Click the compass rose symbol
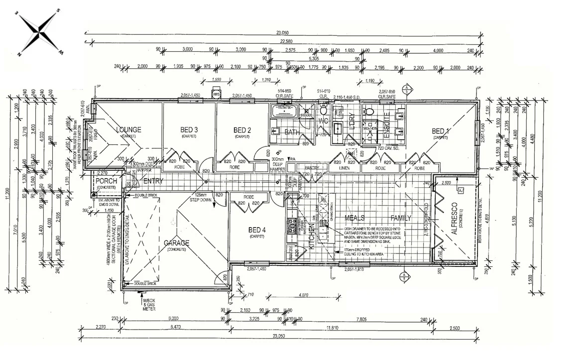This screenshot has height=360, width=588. [39, 32]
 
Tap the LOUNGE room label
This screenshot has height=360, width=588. [128, 130]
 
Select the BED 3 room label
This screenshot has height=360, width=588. [189, 130]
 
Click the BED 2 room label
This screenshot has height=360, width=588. [241, 130]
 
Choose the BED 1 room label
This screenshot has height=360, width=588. [441, 131]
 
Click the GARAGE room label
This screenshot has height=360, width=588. [176, 243]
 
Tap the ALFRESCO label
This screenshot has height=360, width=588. [454, 220]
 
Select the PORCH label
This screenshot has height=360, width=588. [107, 181]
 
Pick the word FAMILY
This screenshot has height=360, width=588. [400, 218]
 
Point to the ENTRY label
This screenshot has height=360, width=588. [153, 181]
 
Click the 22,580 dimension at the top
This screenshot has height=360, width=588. [285, 41]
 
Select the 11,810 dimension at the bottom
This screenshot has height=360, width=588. [332, 328]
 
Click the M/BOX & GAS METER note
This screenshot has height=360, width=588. [149, 305]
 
